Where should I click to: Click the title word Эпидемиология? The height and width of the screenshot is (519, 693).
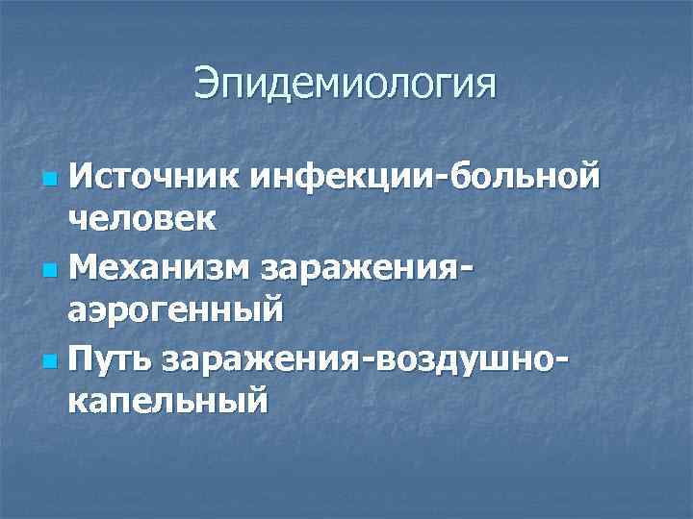(346, 85)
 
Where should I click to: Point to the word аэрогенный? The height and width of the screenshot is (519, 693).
(176, 310)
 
